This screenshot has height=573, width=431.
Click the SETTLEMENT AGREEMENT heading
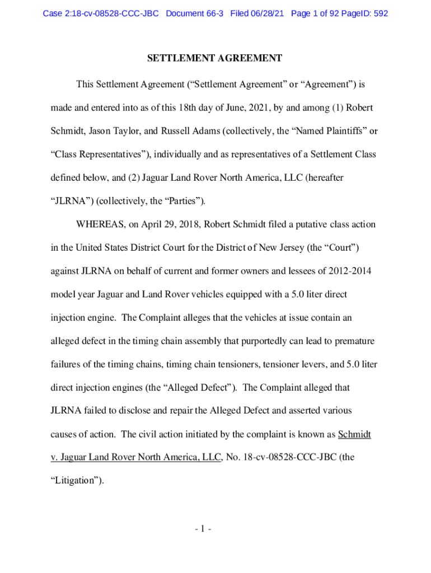click(214, 58)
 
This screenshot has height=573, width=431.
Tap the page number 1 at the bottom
click(215, 529)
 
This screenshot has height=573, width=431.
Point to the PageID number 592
click(381, 13)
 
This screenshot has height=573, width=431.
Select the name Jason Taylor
click(109, 131)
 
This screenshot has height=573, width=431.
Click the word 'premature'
click(354, 341)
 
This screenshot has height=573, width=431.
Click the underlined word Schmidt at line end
click(354, 434)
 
